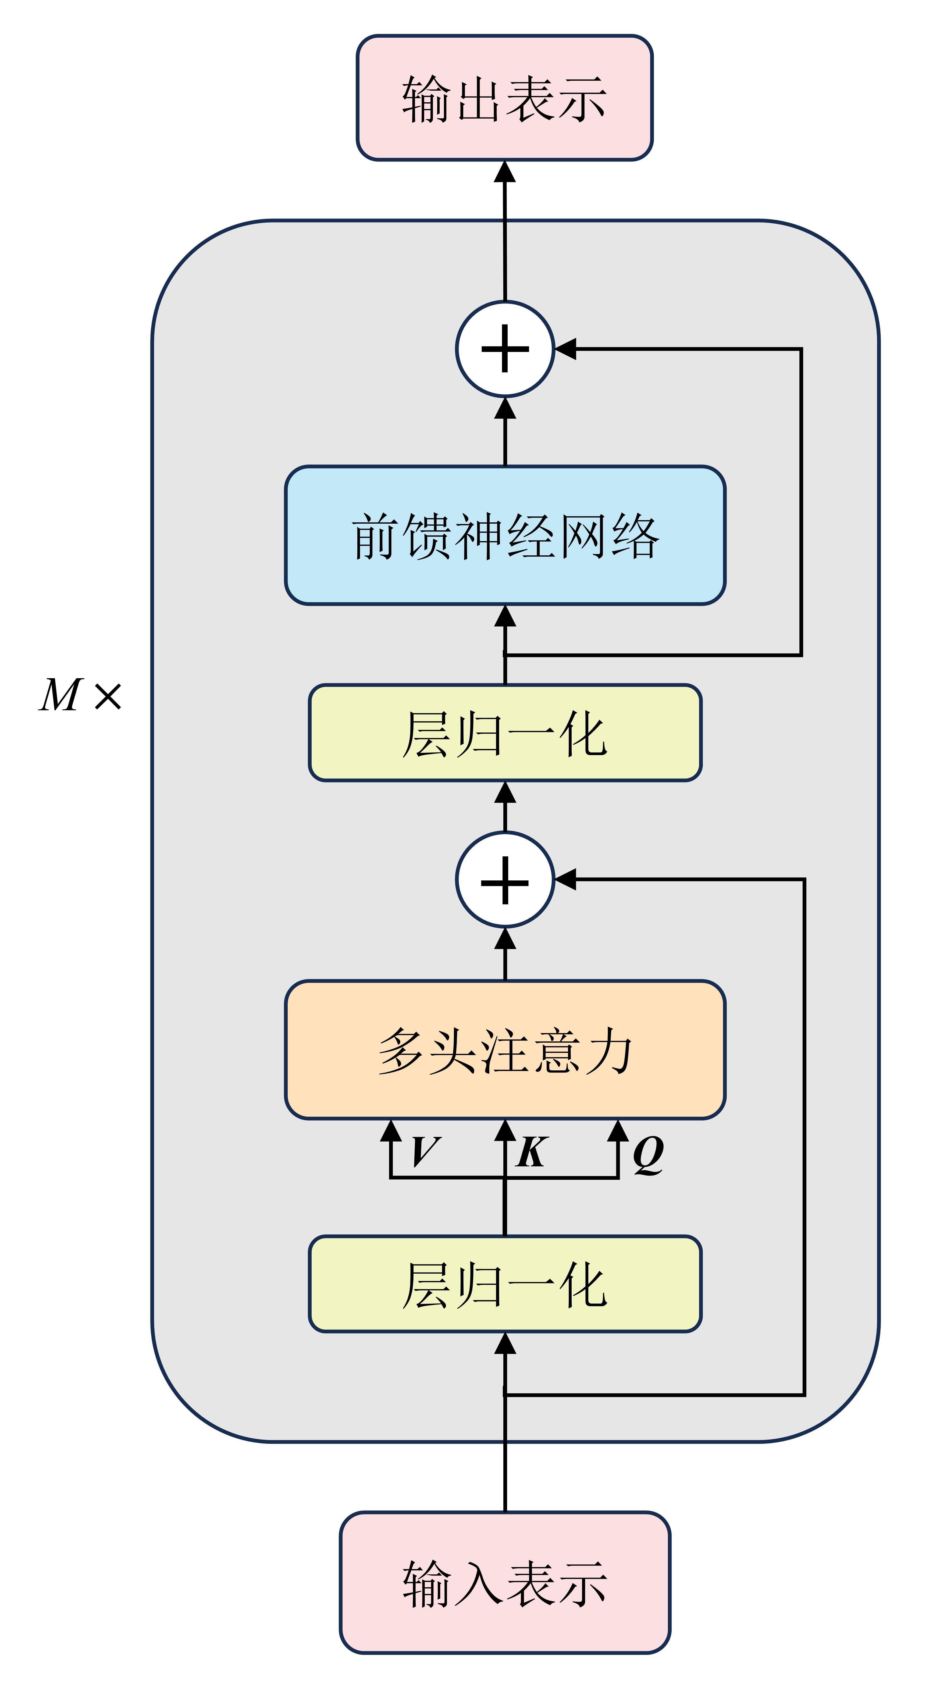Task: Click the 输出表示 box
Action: (505, 98)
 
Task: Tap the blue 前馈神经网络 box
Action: (505, 535)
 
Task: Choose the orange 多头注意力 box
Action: (505, 1050)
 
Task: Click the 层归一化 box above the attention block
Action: (505, 733)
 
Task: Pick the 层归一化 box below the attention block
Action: (505, 1284)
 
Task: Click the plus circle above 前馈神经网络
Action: (505, 348)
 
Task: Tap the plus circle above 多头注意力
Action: (505, 879)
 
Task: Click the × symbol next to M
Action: (108, 696)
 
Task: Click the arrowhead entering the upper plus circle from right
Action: (565, 348)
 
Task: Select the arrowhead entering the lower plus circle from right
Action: (565, 879)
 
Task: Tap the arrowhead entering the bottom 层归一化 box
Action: (505, 1344)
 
